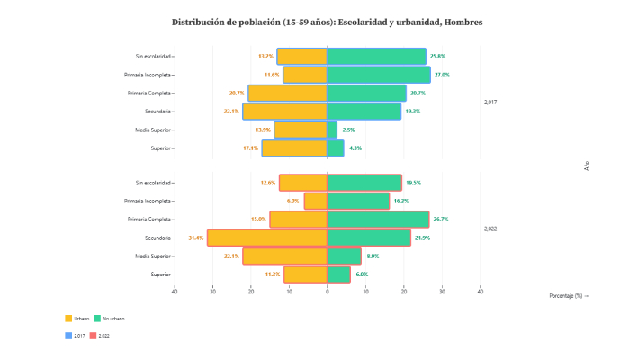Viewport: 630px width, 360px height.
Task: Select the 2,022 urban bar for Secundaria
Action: (267, 238)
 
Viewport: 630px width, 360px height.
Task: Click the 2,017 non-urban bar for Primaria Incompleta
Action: (379, 75)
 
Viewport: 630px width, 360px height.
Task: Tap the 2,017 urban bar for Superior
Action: (294, 148)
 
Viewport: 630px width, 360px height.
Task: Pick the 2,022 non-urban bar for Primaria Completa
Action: (378, 220)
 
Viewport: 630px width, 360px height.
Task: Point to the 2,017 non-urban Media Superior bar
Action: (332, 130)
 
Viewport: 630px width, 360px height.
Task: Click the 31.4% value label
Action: (195, 238)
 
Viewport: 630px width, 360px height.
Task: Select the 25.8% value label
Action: (438, 57)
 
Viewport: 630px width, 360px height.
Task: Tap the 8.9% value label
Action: (373, 256)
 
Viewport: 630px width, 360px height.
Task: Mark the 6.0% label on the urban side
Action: (292, 201)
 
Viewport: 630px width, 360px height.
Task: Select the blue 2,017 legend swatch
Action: (68, 336)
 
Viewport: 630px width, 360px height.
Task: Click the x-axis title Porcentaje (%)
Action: (568, 295)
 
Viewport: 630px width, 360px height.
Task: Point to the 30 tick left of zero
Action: (212, 291)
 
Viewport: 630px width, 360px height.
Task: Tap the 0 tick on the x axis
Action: (328, 291)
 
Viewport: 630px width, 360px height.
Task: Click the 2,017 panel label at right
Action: (490, 103)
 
